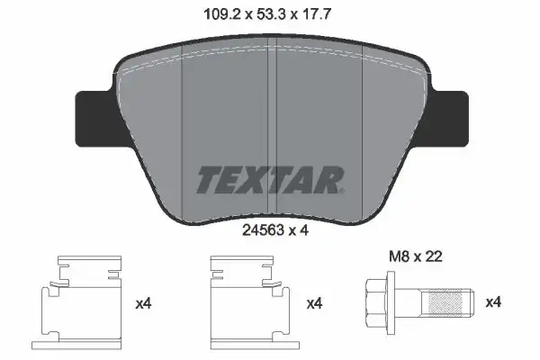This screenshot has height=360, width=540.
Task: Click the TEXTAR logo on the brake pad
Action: (x=269, y=179)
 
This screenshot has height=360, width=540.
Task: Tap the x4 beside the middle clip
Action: (x=313, y=302)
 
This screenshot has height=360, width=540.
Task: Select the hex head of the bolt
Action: (x=376, y=303)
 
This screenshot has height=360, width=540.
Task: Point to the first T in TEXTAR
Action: (x=208, y=179)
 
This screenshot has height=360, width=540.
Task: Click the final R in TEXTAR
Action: (x=330, y=179)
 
